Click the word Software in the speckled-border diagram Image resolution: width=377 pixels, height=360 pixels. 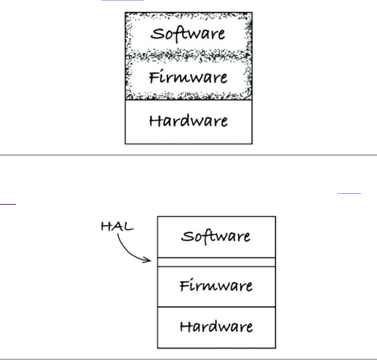188,34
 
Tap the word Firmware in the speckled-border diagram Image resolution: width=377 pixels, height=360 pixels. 188,77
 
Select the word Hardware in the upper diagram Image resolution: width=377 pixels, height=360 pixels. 188,121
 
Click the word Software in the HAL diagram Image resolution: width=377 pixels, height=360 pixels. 216,236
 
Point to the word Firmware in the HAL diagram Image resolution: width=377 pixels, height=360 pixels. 216,285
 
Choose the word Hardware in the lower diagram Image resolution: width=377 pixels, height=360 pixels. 216,327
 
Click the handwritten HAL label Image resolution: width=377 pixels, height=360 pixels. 117,226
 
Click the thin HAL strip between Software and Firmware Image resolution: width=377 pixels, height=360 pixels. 216,262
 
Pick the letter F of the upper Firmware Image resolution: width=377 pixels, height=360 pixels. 154,77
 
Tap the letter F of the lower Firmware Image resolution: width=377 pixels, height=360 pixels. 185,285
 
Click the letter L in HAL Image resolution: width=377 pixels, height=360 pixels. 128,226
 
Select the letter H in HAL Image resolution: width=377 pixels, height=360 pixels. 106,226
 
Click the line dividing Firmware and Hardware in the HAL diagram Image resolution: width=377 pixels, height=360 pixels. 216,307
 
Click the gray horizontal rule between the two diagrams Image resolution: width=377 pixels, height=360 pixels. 188,155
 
